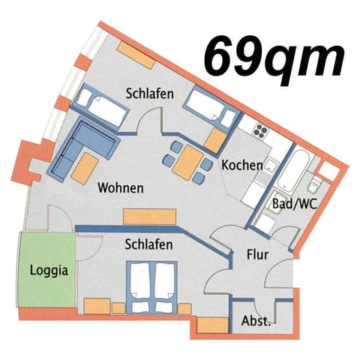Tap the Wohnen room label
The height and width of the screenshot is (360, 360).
coord(120,188)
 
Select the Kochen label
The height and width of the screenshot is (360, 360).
coord(242,165)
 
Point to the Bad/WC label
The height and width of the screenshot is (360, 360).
coord(292,203)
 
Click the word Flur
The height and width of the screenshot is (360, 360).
coord(257,255)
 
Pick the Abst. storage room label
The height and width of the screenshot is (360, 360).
coord(256,320)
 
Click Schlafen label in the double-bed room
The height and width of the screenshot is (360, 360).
coord(149,244)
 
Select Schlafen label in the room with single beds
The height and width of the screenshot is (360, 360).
coord(150,94)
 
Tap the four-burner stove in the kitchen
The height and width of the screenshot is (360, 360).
coord(260,131)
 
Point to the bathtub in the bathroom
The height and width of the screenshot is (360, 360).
coord(292,175)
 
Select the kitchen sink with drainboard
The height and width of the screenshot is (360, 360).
coord(262,175)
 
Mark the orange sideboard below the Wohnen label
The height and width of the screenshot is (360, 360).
coord(150,216)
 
